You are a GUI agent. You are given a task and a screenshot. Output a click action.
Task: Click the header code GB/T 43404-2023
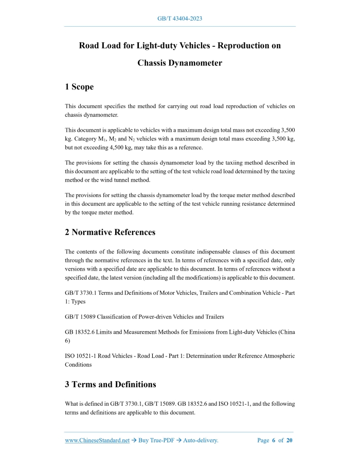(179, 19)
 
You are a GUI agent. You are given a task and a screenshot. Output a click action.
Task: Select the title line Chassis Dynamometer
(179, 63)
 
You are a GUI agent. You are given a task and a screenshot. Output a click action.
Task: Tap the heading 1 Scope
(79, 87)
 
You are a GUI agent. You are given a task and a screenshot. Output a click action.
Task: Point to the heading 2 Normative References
(110, 232)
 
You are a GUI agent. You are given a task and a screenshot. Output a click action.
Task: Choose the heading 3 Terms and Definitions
(111, 384)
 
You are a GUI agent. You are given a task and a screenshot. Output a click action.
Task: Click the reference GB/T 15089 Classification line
(145, 316)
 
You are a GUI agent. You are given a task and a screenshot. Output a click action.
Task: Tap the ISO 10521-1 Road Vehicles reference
(103, 356)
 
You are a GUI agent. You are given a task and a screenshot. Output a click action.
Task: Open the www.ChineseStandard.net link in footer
(97, 440)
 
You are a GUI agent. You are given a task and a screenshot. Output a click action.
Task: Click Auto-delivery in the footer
(201, 440)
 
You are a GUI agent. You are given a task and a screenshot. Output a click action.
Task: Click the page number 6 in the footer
(274, 440)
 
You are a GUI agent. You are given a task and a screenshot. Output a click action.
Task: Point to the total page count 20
(290, 440)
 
